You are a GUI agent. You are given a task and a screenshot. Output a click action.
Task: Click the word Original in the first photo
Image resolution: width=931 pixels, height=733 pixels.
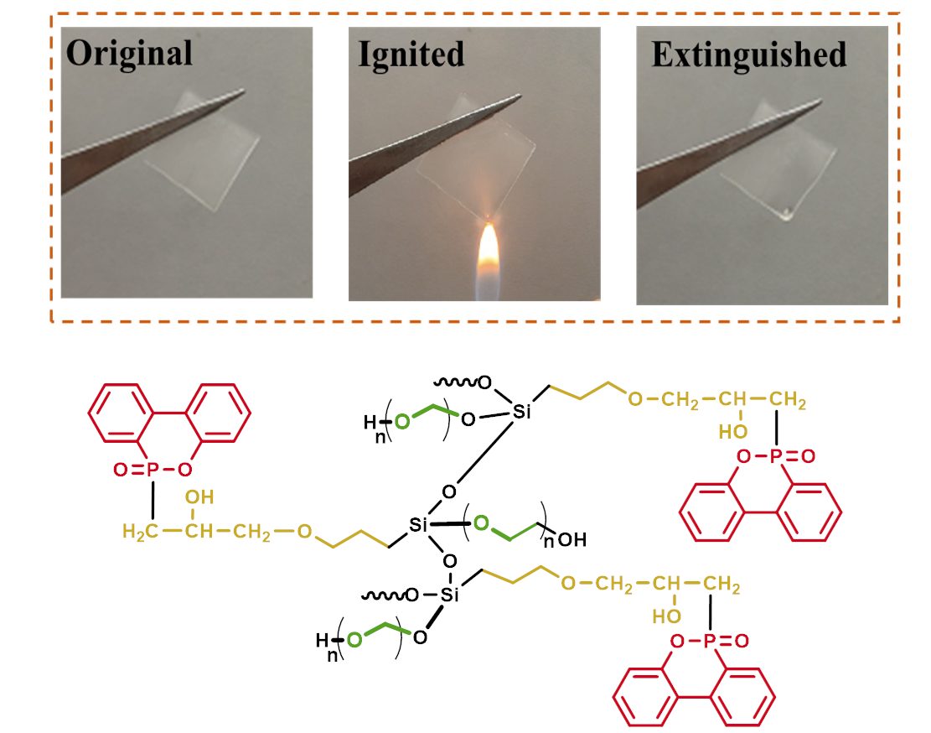point(129,54)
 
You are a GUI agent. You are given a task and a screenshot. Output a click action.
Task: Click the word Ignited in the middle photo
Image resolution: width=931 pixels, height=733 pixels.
point(411,54)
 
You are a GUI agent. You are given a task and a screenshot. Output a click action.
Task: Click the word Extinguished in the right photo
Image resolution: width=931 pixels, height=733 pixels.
point(748,55)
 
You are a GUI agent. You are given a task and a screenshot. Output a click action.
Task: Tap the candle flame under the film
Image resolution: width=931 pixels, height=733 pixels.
point(487,256)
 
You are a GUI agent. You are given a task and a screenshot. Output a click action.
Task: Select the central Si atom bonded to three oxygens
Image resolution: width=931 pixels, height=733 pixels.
point(419,526)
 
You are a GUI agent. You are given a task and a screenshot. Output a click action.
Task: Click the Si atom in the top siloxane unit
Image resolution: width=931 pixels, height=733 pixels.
point(522,412)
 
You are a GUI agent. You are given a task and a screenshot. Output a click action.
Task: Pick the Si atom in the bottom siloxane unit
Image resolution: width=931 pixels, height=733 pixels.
point(451,595)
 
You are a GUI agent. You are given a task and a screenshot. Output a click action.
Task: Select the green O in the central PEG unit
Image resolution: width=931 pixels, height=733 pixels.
point(480,524)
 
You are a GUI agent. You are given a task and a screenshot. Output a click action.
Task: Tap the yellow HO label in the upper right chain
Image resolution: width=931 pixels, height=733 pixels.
point(732,432)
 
